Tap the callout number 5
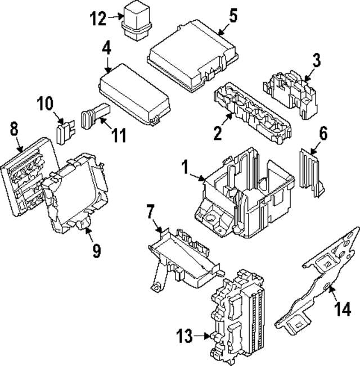coord(233,16)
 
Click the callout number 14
coord(343,308)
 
